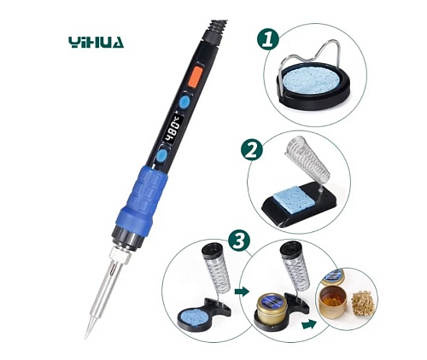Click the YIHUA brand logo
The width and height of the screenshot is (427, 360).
[x=97, y=43]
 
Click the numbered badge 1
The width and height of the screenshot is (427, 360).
[x=267, y=40]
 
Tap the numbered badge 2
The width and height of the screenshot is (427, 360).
[x=252, y=151]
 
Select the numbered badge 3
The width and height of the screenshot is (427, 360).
[x=239, y=241]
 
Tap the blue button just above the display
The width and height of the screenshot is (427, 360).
[x=184, y=102]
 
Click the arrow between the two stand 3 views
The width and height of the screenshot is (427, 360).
[x=242, y=292]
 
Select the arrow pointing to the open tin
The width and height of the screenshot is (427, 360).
[x=309, y=324]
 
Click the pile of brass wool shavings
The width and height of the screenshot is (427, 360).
[x=361, y=304]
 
